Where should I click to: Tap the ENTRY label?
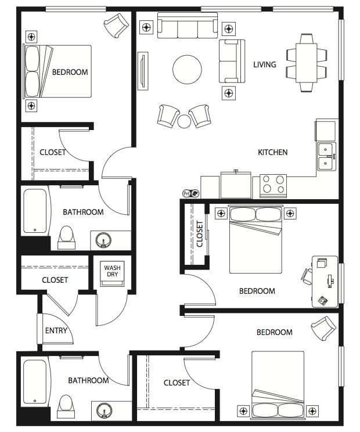56,331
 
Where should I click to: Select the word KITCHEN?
272,152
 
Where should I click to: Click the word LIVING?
264,64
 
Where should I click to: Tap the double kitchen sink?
326,156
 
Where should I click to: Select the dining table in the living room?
306,63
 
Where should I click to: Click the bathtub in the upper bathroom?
35,211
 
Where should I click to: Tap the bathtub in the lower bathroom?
35,383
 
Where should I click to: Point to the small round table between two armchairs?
184,121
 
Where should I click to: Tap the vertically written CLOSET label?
200,234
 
